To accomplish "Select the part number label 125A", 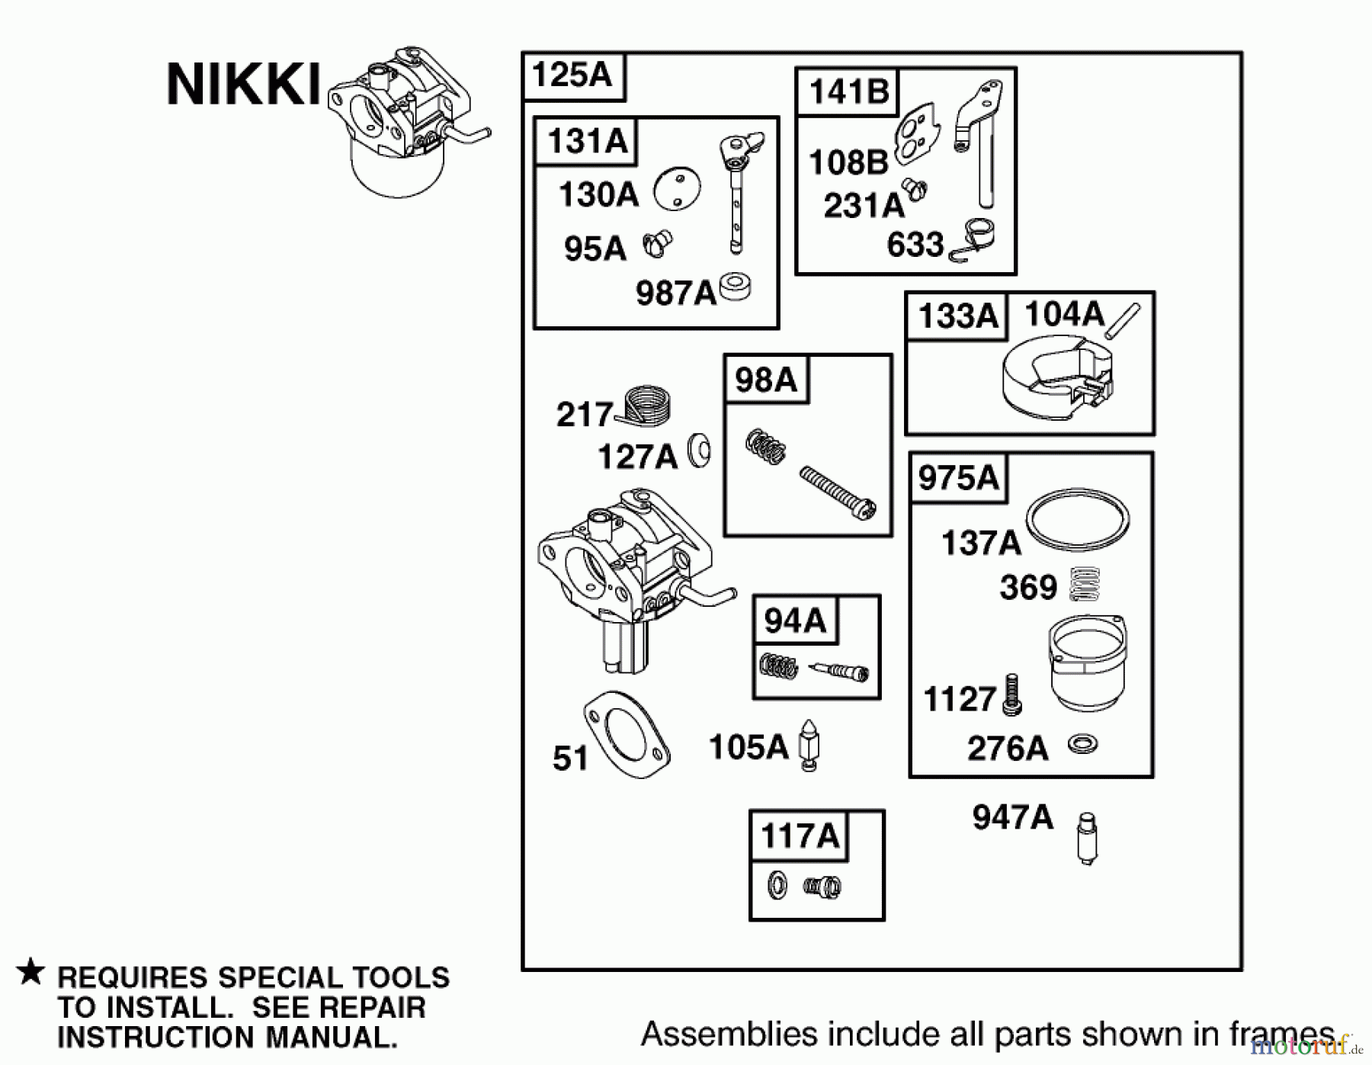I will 572,76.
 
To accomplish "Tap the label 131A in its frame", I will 587,142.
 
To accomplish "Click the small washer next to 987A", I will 736,287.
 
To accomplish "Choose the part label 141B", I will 848,93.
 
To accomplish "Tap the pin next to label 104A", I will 1124,321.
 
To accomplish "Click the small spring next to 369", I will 1085,584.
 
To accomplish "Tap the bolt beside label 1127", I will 1012,694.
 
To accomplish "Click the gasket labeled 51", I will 627,735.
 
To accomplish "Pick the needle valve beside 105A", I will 809,745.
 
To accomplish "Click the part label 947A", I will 1012,818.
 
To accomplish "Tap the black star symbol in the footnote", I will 30,973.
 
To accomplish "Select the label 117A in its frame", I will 799,836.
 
